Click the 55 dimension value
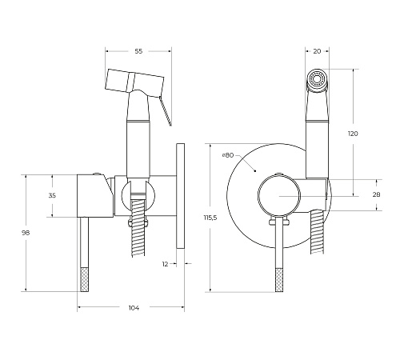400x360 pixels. click(138, 51)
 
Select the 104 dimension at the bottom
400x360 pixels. click(134, 308)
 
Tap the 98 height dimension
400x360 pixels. click(26, 233)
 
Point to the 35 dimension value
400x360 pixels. click(52, 195)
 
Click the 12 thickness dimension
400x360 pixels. click(165, 264)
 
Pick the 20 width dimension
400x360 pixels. click(317, 51)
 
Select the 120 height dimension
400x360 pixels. click(353, 134)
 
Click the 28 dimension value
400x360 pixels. click(376, 194)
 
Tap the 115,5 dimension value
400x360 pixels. click(210, 218)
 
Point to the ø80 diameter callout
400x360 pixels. click(228, 155)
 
